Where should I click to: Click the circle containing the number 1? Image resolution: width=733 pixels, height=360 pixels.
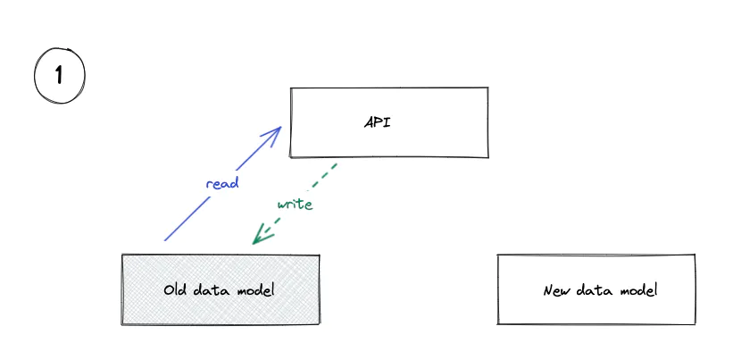tap(59, 76)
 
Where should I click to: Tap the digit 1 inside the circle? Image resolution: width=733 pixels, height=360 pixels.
tap(59, 76)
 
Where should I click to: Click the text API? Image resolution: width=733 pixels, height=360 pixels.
tap(378, 122)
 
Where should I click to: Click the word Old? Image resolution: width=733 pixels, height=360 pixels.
tap(175, 289)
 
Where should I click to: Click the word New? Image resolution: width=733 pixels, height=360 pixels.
tap(555, 290)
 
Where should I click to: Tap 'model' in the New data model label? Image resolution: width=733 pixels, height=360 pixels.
tap(637, 290)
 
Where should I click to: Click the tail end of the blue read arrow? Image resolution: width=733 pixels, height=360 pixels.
tap(165, 240)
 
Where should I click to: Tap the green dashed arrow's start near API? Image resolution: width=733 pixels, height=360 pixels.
tap(336, 164)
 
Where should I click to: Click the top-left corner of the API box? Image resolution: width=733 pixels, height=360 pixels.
tap(290, 88)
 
